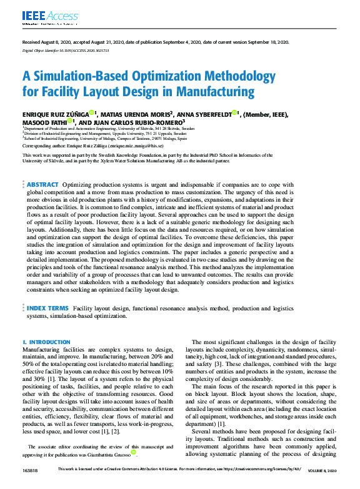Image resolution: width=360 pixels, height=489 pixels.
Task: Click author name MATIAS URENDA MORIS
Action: [x=131, y=114]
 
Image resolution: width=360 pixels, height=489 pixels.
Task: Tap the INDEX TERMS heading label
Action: [x=47, y=308]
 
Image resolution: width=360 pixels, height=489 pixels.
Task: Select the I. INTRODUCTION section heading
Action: [x=46, y=342]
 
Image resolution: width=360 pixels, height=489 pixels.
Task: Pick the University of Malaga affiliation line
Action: [x=106, y=137]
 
